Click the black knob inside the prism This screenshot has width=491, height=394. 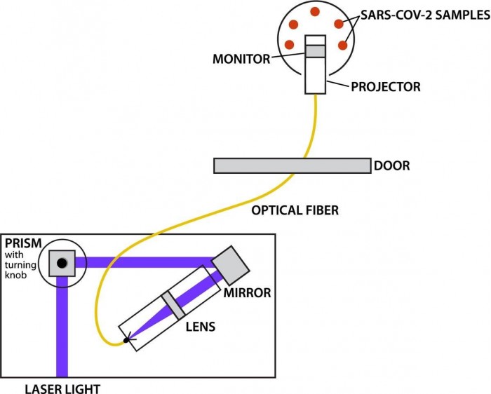point(62,264)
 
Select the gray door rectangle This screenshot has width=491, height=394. point(292,165)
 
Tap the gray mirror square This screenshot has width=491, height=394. point(230,264)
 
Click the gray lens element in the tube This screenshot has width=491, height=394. point(172,304)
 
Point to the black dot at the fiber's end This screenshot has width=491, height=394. point(126,341)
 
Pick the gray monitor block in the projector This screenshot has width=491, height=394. point(315,51)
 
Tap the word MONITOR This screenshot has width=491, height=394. point(241,59)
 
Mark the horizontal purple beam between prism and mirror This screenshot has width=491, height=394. point(147,263)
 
